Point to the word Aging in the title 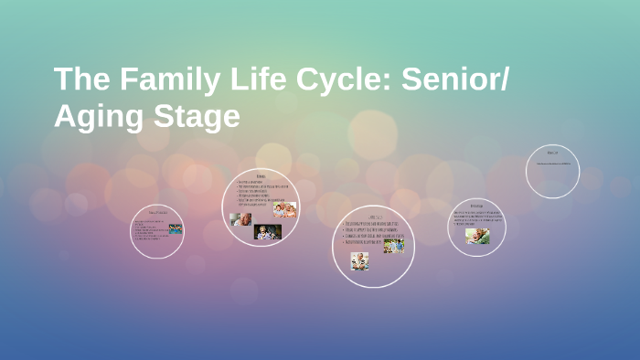tap(95, 118)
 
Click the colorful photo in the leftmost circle tap(175, 229)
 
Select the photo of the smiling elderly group tap(284, 210)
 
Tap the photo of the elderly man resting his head tap(240, 219)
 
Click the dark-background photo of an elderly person tap(267, 232)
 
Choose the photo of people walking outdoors tap(393, 245)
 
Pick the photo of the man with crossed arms tap(359, 259)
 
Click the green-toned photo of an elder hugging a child tap(477, 236)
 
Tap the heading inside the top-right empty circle tap(552, 153)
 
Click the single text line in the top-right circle tap(552, 164)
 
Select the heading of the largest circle tap(373, 216)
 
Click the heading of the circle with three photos tap(261, 175)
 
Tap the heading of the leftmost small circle tap(156, 213)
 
